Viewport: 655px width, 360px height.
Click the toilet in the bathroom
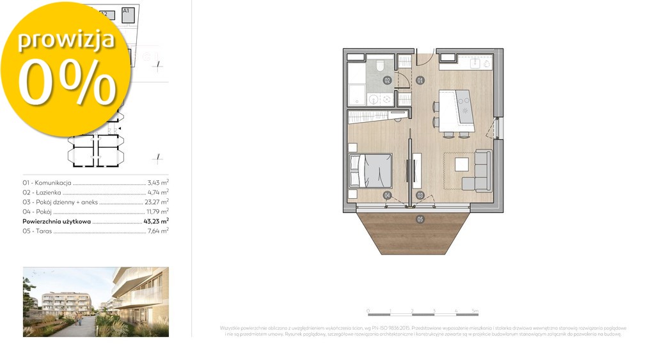coord(379,65)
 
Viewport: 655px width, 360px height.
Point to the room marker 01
coord(420,81)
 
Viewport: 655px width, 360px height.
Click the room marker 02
coord(387,81)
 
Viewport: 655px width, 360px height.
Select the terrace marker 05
coord(420,219)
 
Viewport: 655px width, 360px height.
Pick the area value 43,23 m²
coord(156,221)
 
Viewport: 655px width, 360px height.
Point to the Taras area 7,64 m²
coord(157,231)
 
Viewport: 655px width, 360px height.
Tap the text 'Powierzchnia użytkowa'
coord(56,221)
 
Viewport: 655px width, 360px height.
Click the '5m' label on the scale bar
coord(474,310)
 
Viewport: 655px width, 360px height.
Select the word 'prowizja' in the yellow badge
coord(66,40)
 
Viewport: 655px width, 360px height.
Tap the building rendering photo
coord(96,302)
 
